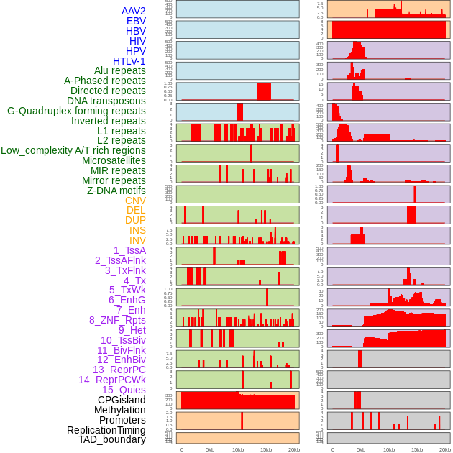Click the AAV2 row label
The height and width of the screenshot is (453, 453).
tap(133, 11)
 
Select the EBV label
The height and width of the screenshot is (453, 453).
tap(136, 21)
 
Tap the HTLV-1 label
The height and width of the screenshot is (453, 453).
tap(129, 61)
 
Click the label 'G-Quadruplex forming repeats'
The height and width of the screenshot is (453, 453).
tap(76, 111)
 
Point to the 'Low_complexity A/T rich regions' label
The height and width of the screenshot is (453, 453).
tap(73, 150)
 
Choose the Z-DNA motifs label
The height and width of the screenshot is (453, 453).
tap(116, 191)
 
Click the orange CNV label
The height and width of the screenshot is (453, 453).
tap(135, 201)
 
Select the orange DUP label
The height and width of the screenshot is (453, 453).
tap(135, 220)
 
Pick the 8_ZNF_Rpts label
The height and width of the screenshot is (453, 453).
tap(117, 320)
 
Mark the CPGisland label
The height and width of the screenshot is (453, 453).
tap(122, 400)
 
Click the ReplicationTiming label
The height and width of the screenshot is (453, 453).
tap(106, 430)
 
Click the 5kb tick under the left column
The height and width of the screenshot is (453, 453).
tap(210, 449)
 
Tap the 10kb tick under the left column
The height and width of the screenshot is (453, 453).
tap(238, 449)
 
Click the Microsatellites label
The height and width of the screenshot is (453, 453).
tap(114, 160)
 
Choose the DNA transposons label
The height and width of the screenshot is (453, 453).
tap(106, 101)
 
